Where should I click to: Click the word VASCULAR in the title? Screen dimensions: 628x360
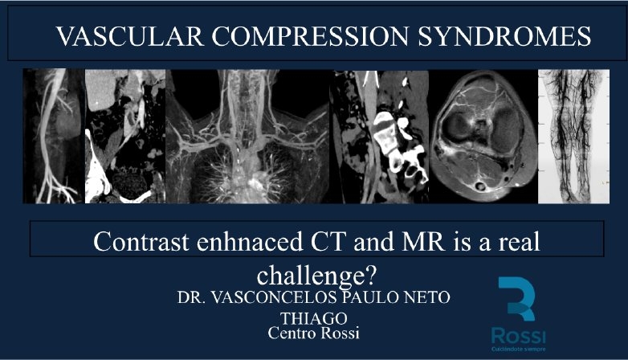pos(130,36)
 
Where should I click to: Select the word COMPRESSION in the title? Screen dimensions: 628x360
pos(310,36)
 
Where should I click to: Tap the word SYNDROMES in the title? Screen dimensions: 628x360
pos(504,36)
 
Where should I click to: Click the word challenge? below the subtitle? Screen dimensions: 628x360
pos(316,276)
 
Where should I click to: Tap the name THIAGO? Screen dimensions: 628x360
pos(314,319)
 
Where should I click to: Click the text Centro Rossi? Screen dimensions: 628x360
pos(314,333)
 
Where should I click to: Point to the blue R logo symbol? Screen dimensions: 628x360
pos(516,298)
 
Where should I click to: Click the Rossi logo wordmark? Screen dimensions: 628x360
pos(518,336)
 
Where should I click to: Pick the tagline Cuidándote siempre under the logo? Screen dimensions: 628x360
pos(518,350)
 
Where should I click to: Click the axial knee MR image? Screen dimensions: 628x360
pos(483,137)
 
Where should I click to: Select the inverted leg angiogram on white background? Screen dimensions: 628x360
pos(574,137)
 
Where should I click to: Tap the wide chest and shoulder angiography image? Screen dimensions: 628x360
pos(248,137)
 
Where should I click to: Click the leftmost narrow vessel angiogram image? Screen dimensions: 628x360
pos(54,137)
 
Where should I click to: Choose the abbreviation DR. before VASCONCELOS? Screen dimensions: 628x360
pos(191,297)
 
